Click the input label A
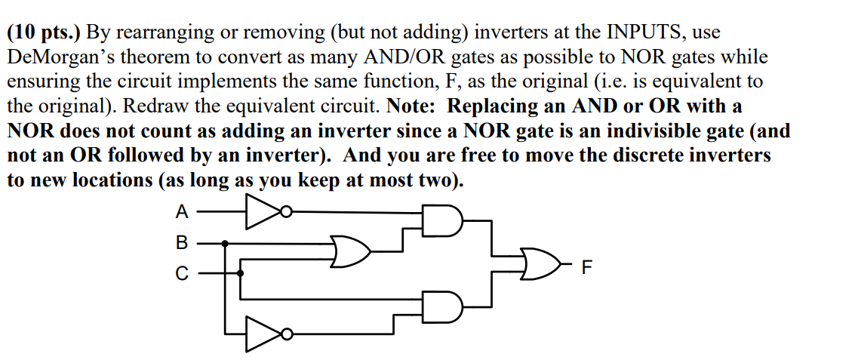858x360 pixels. pos(182,213)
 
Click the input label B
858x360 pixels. pos(182,244)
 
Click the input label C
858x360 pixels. pos(182,274)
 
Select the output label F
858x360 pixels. pos(588,266)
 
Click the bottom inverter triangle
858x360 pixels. pos(261,334)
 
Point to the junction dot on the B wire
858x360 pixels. pos(226,244)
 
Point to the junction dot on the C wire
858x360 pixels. pos(241,273)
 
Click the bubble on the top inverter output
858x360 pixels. pos(285,213)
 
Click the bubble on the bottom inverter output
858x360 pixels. pos(285,334)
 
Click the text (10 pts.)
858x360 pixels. pos(45,33)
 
